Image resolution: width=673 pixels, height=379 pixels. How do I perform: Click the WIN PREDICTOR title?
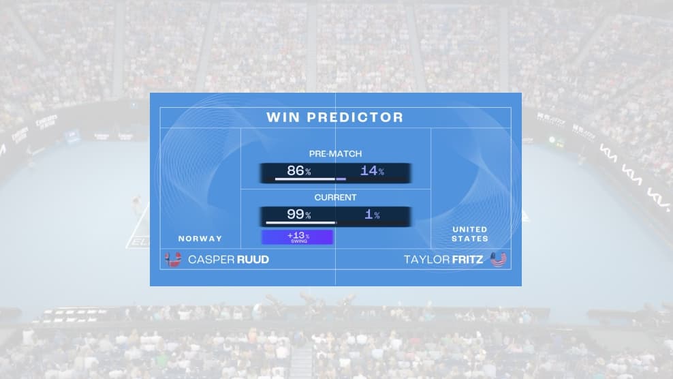335,117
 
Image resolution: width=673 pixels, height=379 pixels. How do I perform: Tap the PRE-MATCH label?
335,154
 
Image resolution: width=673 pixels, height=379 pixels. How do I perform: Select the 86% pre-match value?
298,170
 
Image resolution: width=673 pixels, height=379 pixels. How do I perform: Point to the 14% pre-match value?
372,170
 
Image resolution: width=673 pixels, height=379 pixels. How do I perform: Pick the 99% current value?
298,214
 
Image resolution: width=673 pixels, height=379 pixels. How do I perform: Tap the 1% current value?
372,215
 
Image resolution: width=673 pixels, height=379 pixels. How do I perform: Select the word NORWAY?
200,239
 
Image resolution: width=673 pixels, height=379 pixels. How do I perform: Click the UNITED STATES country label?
470,234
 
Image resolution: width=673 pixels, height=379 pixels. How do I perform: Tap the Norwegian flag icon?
174,259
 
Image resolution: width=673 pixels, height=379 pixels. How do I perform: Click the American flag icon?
499,259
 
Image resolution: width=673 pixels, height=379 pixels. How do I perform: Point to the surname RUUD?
253,260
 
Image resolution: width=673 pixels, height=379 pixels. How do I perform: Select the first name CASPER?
210,260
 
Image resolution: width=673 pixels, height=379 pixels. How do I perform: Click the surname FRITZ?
466,260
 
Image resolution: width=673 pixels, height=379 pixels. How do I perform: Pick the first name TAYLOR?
425,260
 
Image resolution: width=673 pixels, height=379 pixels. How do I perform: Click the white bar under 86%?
304,179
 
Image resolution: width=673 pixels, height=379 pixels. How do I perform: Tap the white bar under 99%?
300,222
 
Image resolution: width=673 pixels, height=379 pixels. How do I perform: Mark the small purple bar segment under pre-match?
341,179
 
